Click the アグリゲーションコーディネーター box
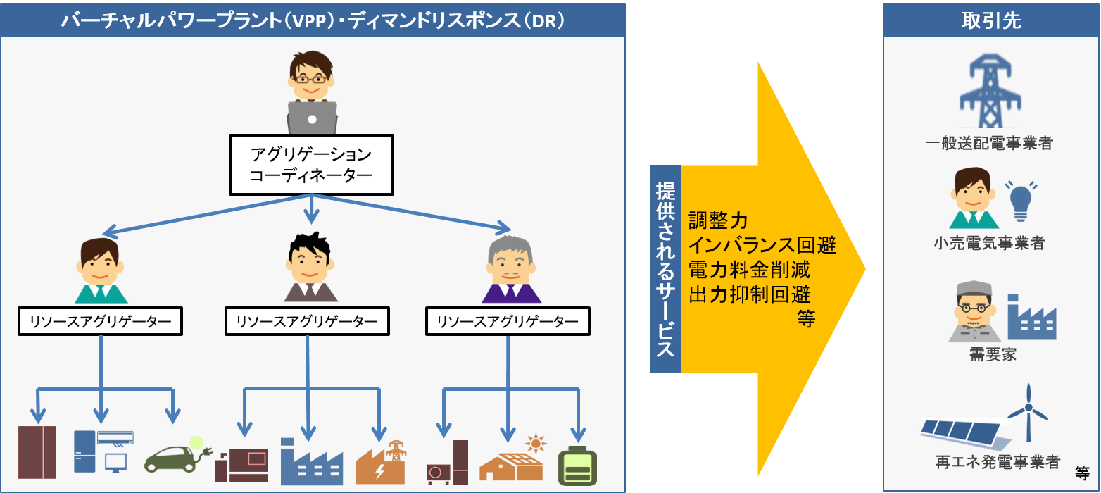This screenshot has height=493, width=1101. coord(310,164)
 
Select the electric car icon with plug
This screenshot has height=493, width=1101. coord(176,456)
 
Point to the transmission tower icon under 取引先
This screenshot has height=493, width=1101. coord(989,92)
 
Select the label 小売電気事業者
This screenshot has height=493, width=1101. coord(989,244)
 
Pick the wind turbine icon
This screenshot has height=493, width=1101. coord(1028,412)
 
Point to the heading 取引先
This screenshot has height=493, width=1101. coord(991,21)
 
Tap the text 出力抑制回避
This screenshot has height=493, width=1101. coord(749,294)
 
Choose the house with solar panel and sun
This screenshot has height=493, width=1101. coord(512,461)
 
